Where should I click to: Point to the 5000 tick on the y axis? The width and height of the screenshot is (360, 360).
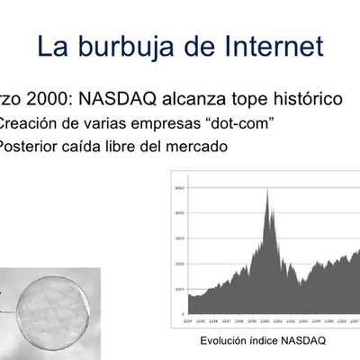pyautogui.click(x=178, y=187)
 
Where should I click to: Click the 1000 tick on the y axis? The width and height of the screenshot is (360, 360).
pyautogui.click(x=178, y=290)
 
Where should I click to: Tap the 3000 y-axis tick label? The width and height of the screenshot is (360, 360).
pyautogui.click(x=178, y=238)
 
